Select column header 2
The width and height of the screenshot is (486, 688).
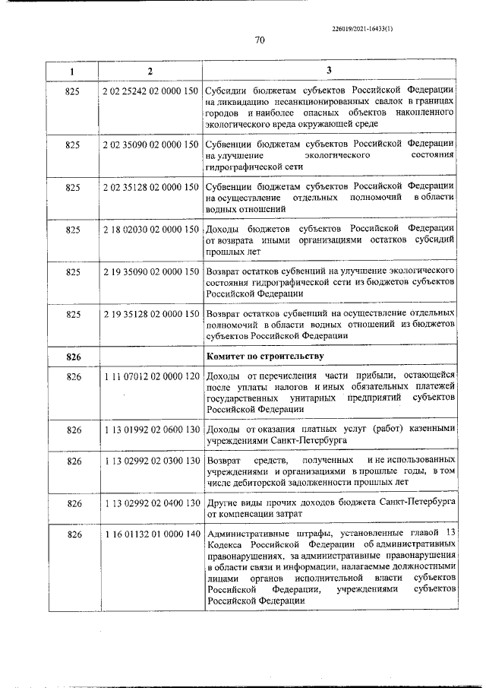[x=150, y=71]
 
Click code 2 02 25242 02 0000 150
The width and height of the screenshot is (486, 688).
[x=150, y=91]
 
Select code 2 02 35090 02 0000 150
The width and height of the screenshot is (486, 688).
[x=150, y=144]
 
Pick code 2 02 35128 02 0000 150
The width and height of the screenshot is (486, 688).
[x=150, y=186]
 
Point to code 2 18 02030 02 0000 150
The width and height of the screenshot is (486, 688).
[x=150, y=229]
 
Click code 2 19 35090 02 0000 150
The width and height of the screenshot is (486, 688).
[x=150, y=271]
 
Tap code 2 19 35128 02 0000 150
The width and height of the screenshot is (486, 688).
[x=150, y=313]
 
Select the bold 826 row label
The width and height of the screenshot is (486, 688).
[x=74, y=356]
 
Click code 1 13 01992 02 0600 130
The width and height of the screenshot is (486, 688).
[x=150, y=430]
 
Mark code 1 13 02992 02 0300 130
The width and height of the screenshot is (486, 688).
[x=150, y=461]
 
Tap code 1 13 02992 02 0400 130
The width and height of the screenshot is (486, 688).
[x=150, y=503]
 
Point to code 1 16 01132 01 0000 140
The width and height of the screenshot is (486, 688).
[x=150, y=535]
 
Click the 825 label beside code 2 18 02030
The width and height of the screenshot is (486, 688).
[x=74, y=229]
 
